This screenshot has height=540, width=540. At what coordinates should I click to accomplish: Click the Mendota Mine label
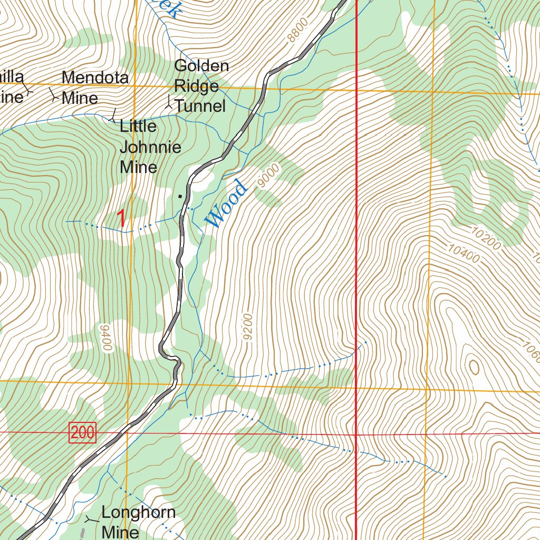click(95, 88)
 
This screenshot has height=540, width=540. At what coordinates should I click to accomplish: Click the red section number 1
click(122, 218)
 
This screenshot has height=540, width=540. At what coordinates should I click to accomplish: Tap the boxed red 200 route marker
click(82, 433)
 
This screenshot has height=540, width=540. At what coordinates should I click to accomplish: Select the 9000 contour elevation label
click(268, 176)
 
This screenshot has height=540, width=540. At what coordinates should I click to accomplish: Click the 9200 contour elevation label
click(249, 327)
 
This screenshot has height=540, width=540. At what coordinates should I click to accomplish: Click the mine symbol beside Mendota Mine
click(54, 95)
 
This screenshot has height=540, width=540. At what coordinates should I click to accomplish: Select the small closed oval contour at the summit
click(474, 367)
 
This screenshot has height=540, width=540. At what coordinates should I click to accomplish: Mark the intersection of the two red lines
click(356, 435)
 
